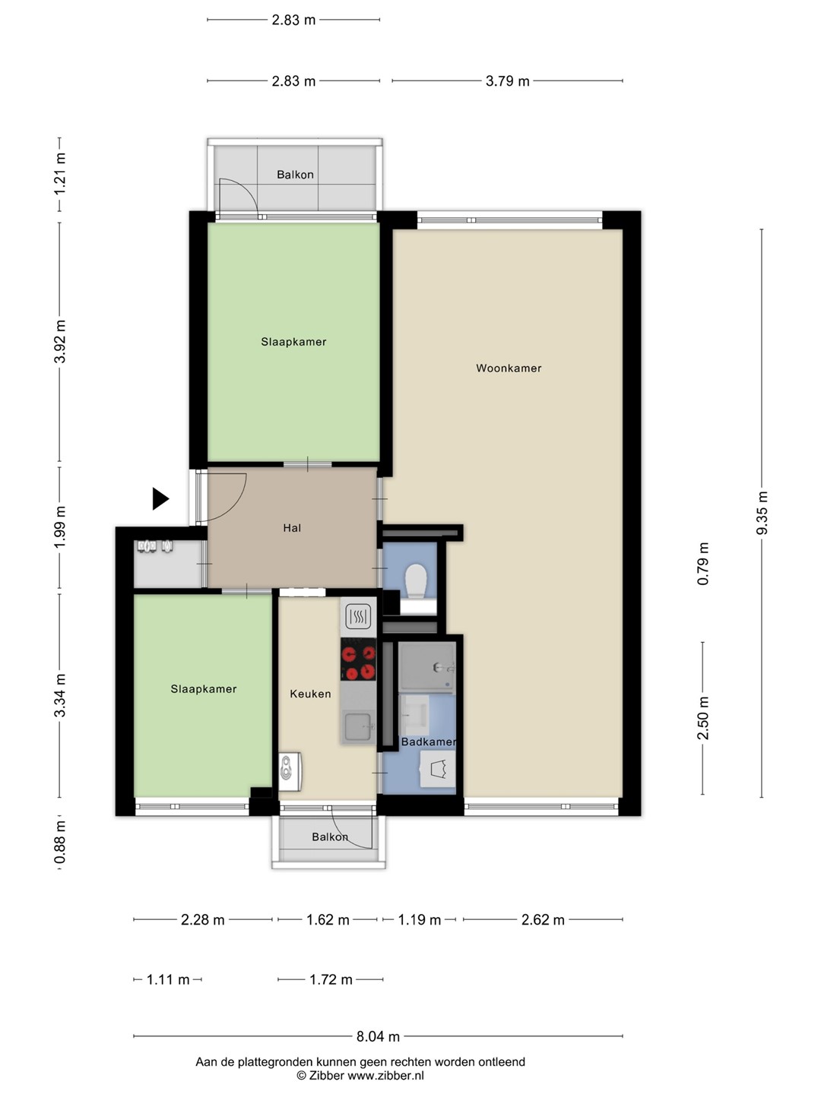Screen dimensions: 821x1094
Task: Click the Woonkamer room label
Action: point(509,368)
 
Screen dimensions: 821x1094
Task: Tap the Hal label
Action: point(292,528)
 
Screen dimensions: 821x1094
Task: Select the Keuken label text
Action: point(310,694)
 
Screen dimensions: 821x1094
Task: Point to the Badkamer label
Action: point(428,741)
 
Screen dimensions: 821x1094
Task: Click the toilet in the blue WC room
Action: point(416,580)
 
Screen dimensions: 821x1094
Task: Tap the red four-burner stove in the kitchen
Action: point(358,659)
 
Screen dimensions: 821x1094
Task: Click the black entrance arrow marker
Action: point(160,498)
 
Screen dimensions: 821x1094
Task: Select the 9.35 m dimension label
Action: point(762,513)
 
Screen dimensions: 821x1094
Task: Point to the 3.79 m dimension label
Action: point(508,81)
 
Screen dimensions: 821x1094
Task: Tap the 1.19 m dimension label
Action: point(419,919)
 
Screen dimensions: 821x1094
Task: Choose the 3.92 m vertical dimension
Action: point(60,341)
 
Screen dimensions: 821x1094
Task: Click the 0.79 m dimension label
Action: point(703,564)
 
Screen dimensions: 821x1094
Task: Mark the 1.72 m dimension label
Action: point(331,979)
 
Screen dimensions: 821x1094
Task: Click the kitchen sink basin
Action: point(358,728)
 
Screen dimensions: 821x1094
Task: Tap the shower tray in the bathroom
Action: point(428,667)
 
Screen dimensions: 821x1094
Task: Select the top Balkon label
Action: point(295,175)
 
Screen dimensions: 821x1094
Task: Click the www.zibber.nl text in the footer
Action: point(385,1076)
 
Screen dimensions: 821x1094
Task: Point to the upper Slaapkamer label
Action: point(293,342)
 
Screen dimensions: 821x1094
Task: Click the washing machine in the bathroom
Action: point(438,769)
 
